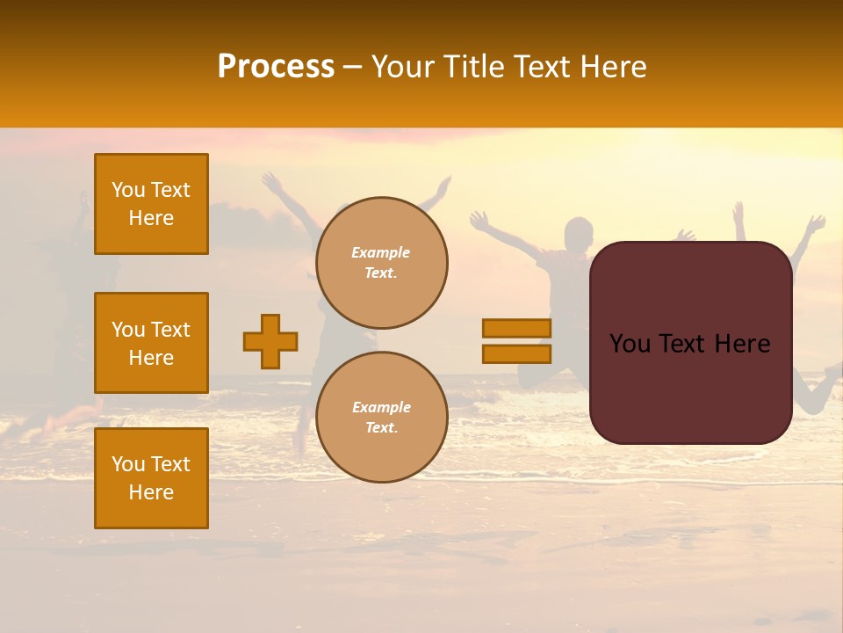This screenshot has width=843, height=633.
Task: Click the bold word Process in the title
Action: click(x=276, y=67)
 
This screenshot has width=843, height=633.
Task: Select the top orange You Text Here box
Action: click(x=151, y=204)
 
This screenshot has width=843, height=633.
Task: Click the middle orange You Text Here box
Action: click(x=151, y=343)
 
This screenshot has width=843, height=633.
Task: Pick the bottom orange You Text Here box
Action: click(x=151, y=478)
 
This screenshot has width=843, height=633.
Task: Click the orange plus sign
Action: click(x=270, y=341)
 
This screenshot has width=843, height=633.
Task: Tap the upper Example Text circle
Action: click(x=382, y=263)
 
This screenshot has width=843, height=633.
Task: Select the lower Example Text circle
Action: click(x=382, y=418)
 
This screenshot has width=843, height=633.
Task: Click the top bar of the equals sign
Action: click(x=516, y=329)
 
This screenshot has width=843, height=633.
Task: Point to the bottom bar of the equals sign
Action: click(x=516, y=353)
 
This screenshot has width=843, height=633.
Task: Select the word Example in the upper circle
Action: click(x=380, y=252)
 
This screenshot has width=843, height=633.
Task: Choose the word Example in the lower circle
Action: click(x=381, y=407)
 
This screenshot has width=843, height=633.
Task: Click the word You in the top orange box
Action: click(x=127, y=190)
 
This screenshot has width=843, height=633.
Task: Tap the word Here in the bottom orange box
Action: click(x=151, y=492)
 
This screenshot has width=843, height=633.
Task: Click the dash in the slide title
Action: click(x=352, y=67)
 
